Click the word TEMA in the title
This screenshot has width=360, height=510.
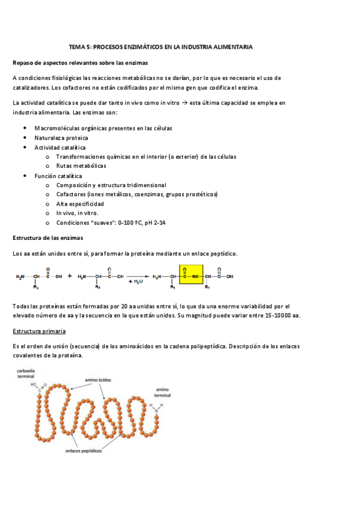click(x=78, y=46)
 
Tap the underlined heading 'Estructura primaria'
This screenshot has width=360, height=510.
click(x=39, y=331)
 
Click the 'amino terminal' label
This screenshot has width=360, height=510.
click(x=163, y=392)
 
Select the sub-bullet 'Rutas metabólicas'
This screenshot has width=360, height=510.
click(x=81, y=165)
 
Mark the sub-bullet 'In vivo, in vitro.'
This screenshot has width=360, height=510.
click(x=78, y=214)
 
